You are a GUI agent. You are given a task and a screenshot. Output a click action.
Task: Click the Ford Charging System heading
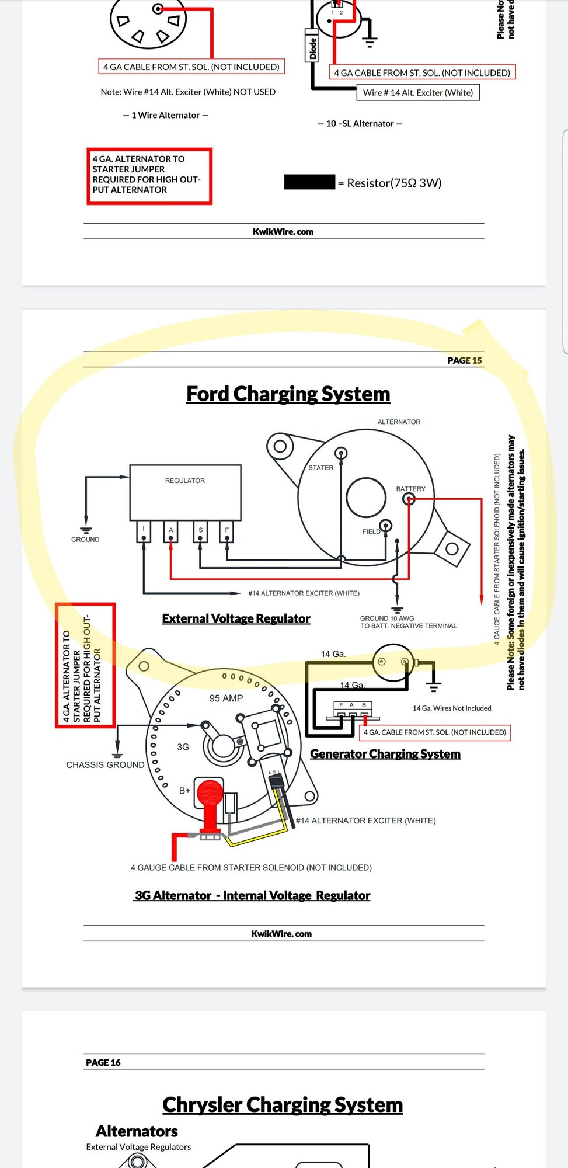point(288,394)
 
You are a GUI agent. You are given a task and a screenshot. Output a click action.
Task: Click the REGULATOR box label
point(184,481)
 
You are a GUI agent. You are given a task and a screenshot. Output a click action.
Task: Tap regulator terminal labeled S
point(200,530)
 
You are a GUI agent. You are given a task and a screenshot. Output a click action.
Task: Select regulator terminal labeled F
point(227,530)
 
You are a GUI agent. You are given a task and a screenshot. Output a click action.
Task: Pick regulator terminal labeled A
point(170,530)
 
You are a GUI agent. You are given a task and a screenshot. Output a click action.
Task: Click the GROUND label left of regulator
point(85,540)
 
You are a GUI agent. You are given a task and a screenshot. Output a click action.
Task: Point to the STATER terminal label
point(320,468)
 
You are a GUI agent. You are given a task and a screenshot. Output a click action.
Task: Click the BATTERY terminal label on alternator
point(410,489)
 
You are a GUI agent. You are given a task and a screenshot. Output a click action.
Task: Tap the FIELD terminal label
point(371,531)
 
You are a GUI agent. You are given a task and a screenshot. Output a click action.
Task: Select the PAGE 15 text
point(464,360)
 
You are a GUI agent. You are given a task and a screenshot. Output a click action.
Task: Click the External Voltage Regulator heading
point(236,618)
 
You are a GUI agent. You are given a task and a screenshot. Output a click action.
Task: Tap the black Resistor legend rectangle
point(309,182)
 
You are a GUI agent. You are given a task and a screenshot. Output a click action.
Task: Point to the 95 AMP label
point(226,698)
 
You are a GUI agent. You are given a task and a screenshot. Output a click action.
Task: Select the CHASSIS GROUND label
point(105,765)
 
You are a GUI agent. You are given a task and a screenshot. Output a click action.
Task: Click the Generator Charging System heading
point(385,754)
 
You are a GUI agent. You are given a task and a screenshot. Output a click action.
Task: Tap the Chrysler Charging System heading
point(283,1105)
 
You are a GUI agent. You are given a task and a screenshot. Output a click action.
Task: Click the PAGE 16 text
point(103,1062)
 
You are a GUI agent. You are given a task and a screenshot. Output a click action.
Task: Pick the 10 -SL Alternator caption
point(360,123)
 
